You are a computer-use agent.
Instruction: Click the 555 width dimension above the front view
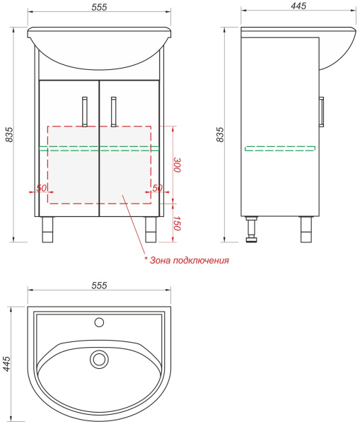click(x=99, y=7)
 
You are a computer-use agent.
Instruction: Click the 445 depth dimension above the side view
click(x=298, y=6)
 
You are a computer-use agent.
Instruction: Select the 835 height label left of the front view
click(x=9, y=134)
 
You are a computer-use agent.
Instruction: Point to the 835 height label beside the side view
click(x=221, y=134)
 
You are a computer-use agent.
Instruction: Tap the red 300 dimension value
click(x=177, y=165)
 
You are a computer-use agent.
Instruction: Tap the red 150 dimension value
click(x=177, y=223)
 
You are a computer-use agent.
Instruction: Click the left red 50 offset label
click(x=42, y=188)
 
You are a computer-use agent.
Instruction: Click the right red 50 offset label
click(x=157, y=188)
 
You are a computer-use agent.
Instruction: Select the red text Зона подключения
click(x=190, y=260)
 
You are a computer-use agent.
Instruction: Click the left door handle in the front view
click(x=85, y=112)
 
